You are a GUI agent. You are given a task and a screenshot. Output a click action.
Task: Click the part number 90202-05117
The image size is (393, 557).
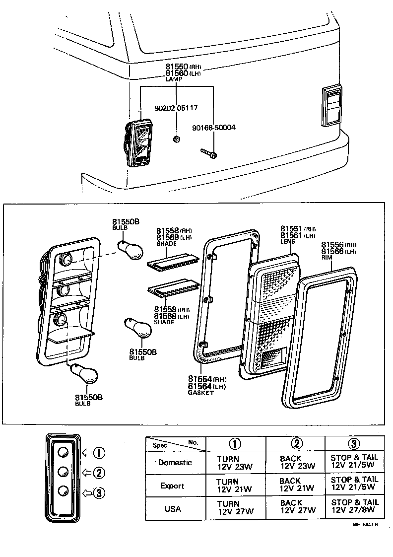point(176,107)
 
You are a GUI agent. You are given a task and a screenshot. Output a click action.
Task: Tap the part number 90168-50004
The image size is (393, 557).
point(213,128)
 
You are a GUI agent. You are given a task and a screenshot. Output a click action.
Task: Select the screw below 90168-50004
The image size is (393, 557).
point(209,153)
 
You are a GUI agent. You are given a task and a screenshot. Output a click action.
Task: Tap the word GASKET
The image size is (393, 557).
point(200,393)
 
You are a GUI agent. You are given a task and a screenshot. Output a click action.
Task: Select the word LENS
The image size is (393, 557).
point(288,242)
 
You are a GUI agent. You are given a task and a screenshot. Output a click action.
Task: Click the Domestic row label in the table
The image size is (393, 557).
point(175,462)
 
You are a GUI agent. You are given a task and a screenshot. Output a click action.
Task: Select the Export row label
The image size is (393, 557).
point(172,486)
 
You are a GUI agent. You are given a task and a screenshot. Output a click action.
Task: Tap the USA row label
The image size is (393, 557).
point(173,509)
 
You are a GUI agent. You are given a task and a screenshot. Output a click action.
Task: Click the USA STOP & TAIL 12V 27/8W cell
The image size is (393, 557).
point(354,506)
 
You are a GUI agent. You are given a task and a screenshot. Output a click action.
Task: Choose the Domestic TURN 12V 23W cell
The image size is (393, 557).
point(235,463)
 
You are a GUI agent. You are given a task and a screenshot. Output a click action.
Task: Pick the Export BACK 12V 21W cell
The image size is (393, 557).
point(296,485)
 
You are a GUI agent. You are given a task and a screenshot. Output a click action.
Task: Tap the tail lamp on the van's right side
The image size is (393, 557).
point(332,105)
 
